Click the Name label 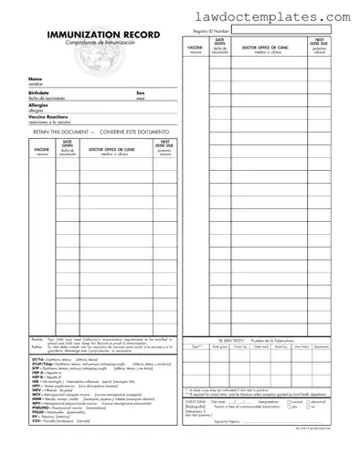tap(34, 80)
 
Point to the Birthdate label tap(38, 92)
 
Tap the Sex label tap(140, 92)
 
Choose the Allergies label tap(37, 105)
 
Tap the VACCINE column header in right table tap(195, 47)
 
